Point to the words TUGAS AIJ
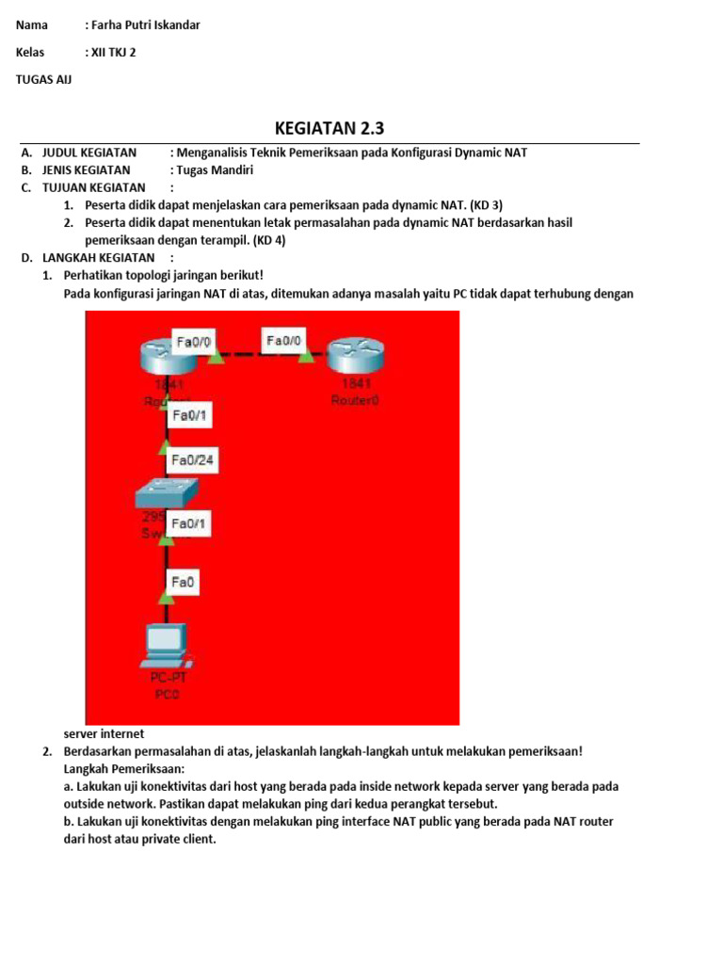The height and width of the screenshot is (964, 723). coord(43,80)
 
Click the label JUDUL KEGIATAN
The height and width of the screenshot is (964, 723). coord(89,153)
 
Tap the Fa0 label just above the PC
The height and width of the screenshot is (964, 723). coord(183,583)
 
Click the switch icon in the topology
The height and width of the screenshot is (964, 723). coord(166,494)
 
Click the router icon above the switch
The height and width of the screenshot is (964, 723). coord(167,357)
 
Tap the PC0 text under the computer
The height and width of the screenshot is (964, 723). coord(166,695)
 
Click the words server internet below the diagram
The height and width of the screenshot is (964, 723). coord(104,733)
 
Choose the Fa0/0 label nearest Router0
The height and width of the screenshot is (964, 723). coord(285,340)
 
